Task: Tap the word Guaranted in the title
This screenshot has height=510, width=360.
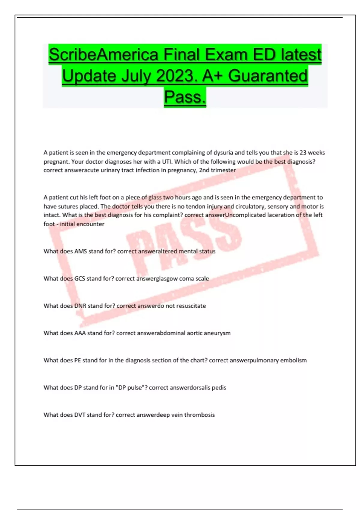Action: click(x=268, y=76)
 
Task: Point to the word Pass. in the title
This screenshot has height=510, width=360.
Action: click(x=185, y=97)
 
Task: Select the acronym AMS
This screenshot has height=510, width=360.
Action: click(x=80, y=251)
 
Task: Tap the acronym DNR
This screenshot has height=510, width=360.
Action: click(x=80, y=306)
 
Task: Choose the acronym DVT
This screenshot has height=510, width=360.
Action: click(x=80, y=415)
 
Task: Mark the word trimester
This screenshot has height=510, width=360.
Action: click(x=223, y=170)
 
